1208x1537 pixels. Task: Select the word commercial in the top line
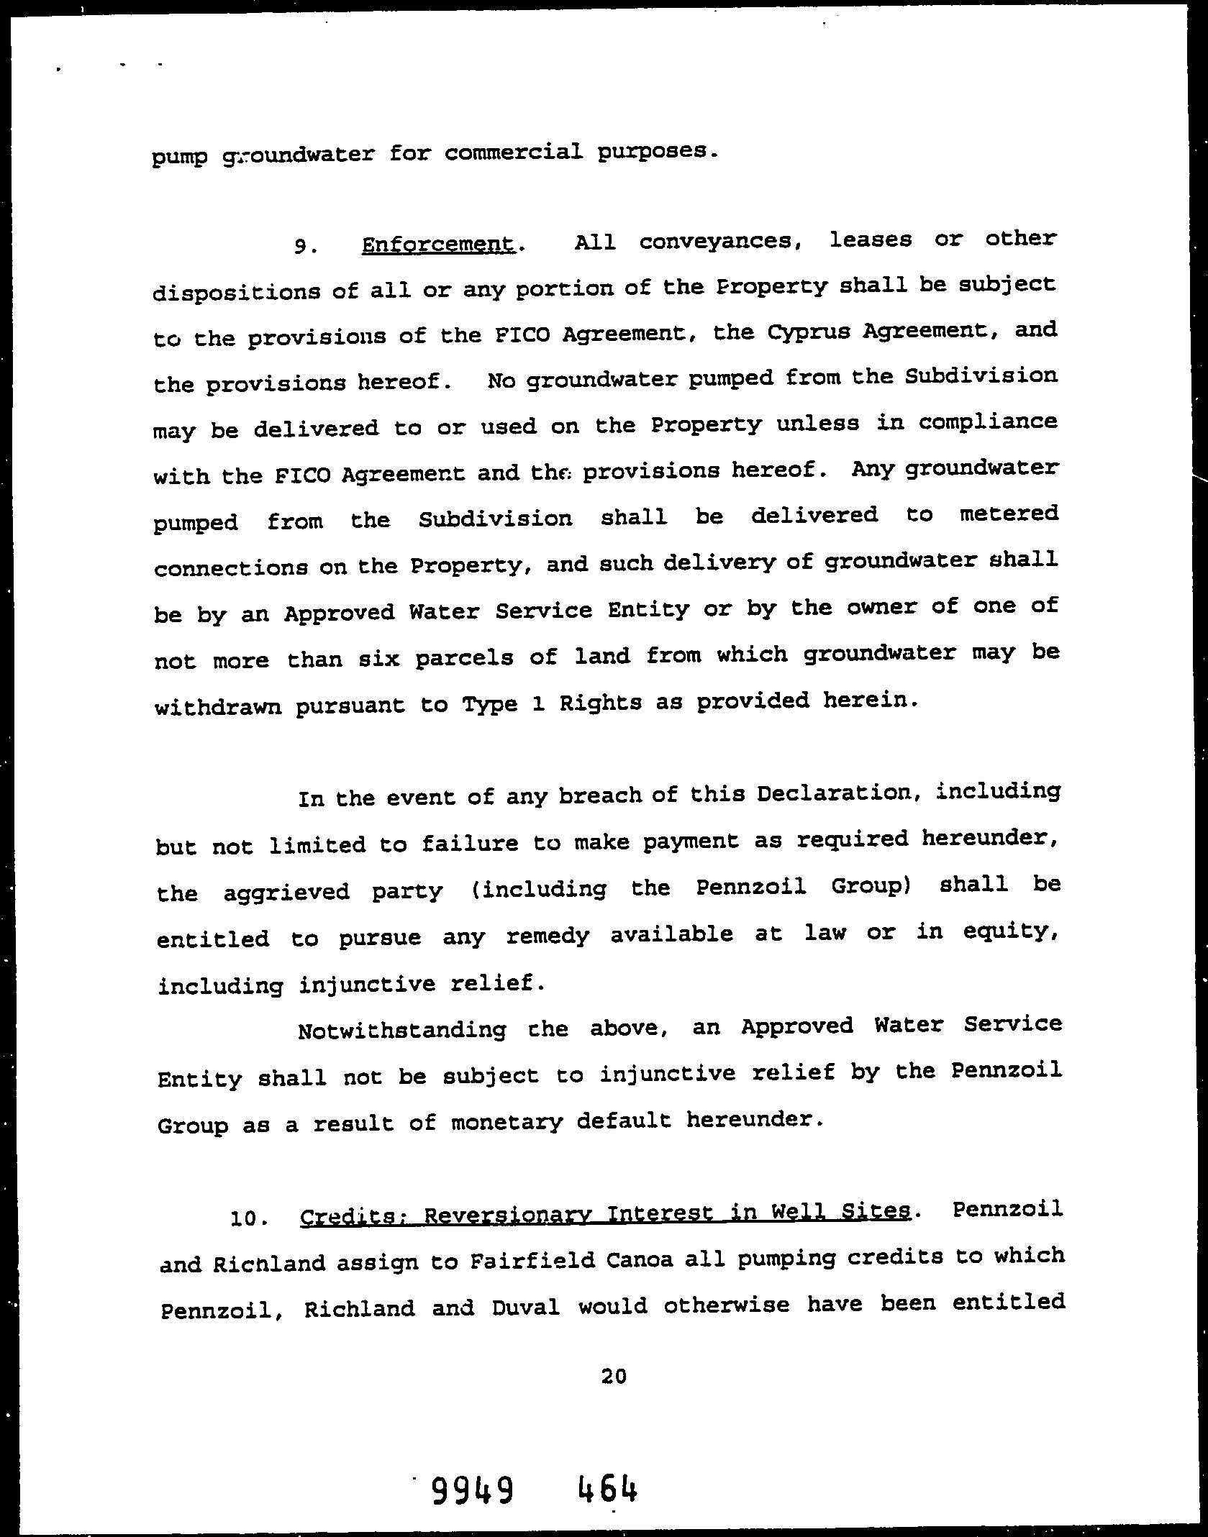click(513, 152)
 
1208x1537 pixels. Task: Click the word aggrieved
click(286, 892)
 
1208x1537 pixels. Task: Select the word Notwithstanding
click(401, 1030)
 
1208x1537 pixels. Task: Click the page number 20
click(613, 1377)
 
